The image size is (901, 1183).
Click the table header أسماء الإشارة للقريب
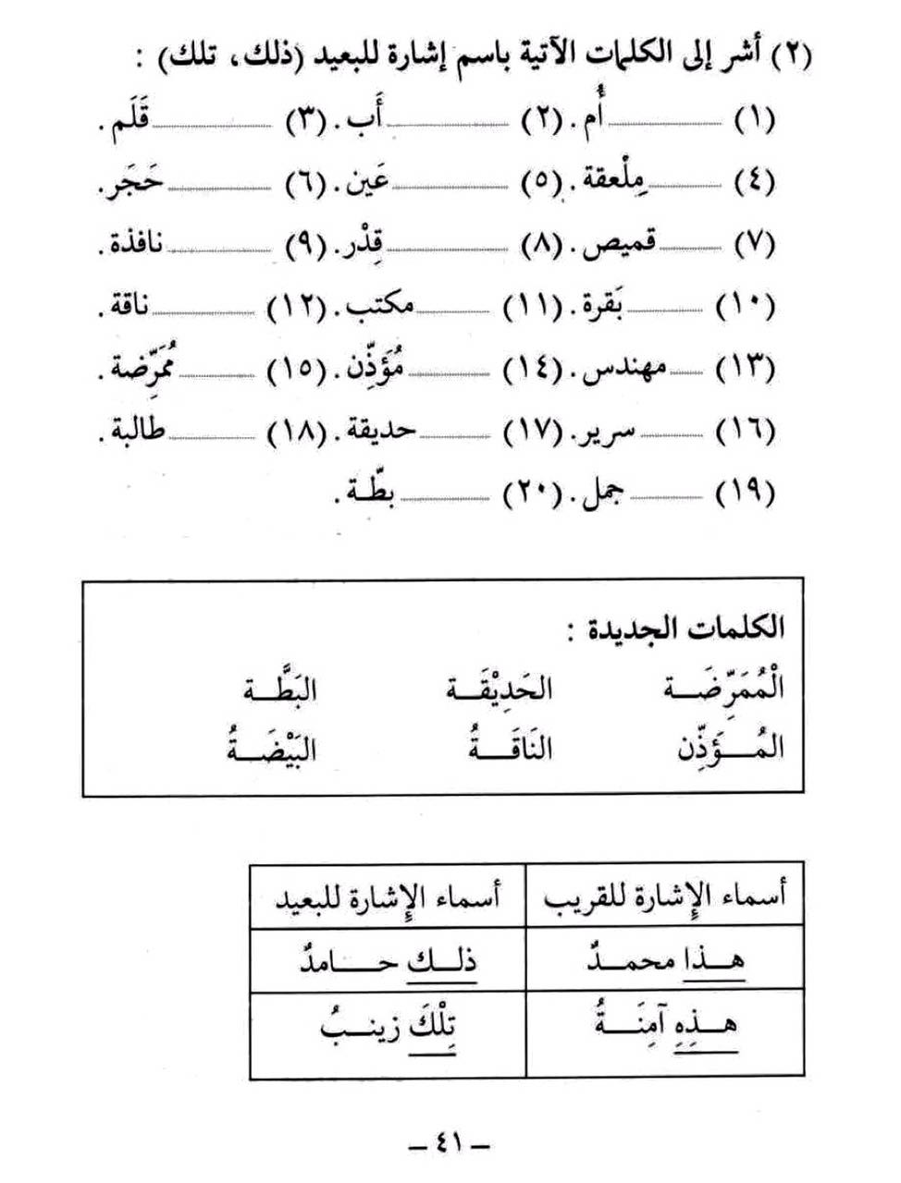point(663,896)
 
